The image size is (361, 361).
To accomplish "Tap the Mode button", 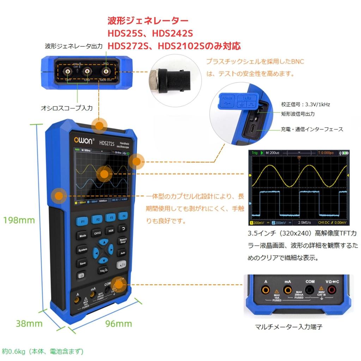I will click(82, 235).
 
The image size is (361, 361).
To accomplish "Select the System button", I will click(82, 250).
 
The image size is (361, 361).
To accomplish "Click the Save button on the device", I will click(82, 263).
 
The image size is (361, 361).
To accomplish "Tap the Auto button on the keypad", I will click(122, 253).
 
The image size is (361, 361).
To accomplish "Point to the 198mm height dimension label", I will click(19, 220).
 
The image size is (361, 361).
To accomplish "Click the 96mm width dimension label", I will click(118, 324).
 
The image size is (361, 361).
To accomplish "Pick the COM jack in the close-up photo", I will click(310, 290).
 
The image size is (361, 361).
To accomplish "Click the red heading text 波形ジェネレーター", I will click(148, 20).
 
